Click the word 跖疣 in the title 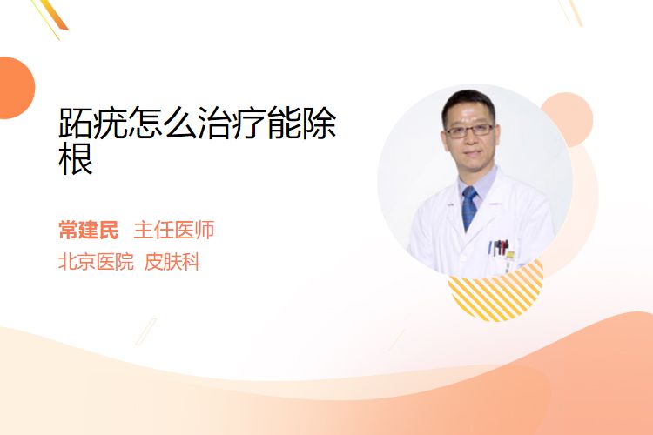coord(93,123)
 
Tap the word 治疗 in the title coord(232,123)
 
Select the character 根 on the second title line coord(76,159)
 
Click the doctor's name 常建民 coord(88,230)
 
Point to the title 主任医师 coord(173,230)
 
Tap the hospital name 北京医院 coord(96,262)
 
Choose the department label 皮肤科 coord(172,262)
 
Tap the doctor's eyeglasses coord(470,130)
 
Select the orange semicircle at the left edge coord(17,88)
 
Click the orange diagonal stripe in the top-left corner coord(54,15)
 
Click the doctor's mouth coord(470,153)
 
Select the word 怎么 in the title coord(162,123)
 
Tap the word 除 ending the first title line coord(319,123)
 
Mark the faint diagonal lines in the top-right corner coord(570,12)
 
